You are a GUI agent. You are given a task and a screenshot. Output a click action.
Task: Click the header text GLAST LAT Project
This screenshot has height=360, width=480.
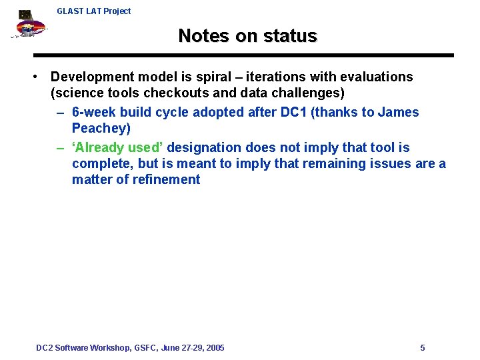point(93,11)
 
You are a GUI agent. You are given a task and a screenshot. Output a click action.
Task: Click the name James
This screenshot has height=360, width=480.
point(398,112)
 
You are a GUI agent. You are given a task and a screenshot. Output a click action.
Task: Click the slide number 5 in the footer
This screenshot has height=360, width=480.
point(423,348)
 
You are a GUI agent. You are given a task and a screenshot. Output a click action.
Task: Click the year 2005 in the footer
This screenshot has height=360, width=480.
point(215,348)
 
